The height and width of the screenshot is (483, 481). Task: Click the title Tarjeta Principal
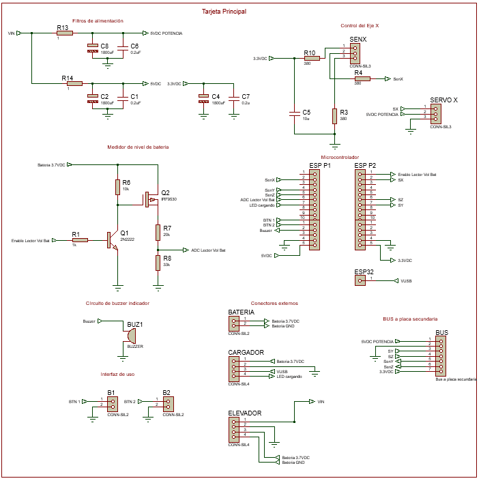224,12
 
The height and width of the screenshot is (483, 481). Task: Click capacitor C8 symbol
93,48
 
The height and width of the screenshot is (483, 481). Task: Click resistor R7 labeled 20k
158,231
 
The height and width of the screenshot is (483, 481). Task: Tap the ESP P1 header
315,209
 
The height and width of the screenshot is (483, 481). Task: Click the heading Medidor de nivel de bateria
137,147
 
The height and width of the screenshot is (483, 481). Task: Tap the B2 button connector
167,403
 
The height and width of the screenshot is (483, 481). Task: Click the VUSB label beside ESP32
406,280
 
